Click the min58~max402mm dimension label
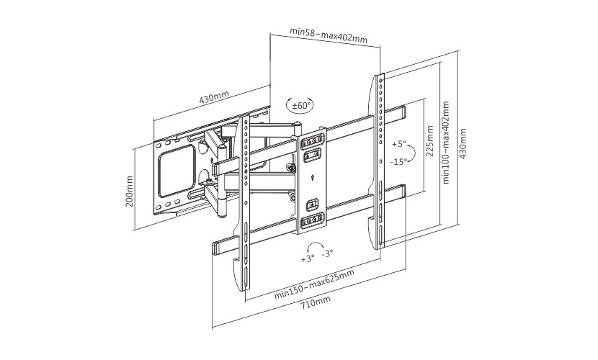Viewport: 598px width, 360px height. (x=329, y=35)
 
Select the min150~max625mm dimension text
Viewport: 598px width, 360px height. (x=315, y=284)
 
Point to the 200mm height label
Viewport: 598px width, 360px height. (x=130, y=192)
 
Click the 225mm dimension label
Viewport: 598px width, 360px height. (x=430, y=141)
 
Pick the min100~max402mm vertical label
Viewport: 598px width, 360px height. (x=446, y=142)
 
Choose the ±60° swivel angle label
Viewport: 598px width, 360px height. (x=302, y=105)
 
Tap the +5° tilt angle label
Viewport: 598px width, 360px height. (x=398, y=145)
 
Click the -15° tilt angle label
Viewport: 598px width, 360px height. (x=398, y=161)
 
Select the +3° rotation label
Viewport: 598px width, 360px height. (x=308, y=259)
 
